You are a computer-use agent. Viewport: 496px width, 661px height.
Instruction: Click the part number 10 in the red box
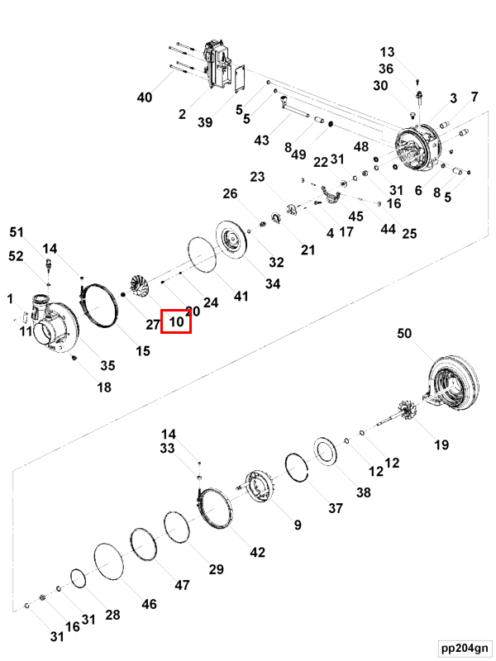tap(176, 321)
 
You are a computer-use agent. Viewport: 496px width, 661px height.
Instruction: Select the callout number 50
tap(404, 334)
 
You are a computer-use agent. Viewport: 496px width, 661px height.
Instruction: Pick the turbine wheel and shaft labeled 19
tap(405, 411)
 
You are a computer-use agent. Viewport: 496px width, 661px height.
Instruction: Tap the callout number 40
tap(145, 97)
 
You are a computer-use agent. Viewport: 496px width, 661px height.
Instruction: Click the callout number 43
tap(262, 140)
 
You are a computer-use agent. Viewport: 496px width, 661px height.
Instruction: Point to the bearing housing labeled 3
tap(419, 149)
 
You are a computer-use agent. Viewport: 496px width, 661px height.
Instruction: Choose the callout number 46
tap(149, 604)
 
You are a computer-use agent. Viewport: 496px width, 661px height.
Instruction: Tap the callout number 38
tap(363, 492)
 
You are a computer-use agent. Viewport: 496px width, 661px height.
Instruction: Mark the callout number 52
tap(17, 256)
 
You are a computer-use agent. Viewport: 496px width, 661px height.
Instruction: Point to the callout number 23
tap(257, 177)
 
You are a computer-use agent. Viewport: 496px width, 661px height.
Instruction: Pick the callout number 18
tap(103, 388)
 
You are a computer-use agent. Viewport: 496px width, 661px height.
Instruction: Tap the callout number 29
tap(216, 569)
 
